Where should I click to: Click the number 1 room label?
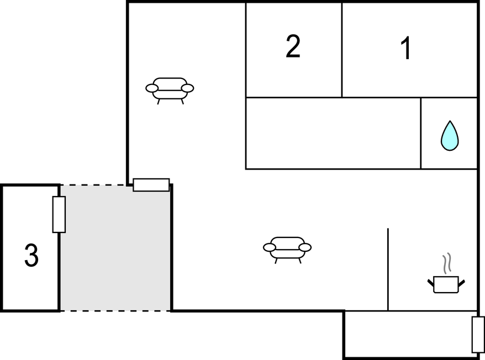(406, 48)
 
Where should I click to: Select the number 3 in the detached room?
(31, 255)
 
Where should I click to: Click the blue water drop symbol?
(450, 136)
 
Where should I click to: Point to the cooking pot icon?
(446, 284)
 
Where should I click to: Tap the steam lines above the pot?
(447, 263)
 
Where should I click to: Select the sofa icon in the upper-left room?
(170, 91)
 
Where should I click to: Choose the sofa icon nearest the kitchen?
(287, 250)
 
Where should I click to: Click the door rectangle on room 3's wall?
(59, 214)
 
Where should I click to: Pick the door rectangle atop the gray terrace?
(151, 185)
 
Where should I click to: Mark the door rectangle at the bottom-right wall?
(478, 335)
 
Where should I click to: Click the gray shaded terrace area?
(115, 248)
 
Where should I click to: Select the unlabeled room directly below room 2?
(333, 133)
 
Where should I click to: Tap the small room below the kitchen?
(410, 334)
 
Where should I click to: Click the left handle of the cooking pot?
(431, 283)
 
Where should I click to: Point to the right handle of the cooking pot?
(461, 283)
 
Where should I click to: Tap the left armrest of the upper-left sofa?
(152, 88)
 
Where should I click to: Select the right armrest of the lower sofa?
(305, 247)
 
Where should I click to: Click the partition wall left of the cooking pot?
(388, 269)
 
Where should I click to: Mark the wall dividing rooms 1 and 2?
(342, 50)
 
